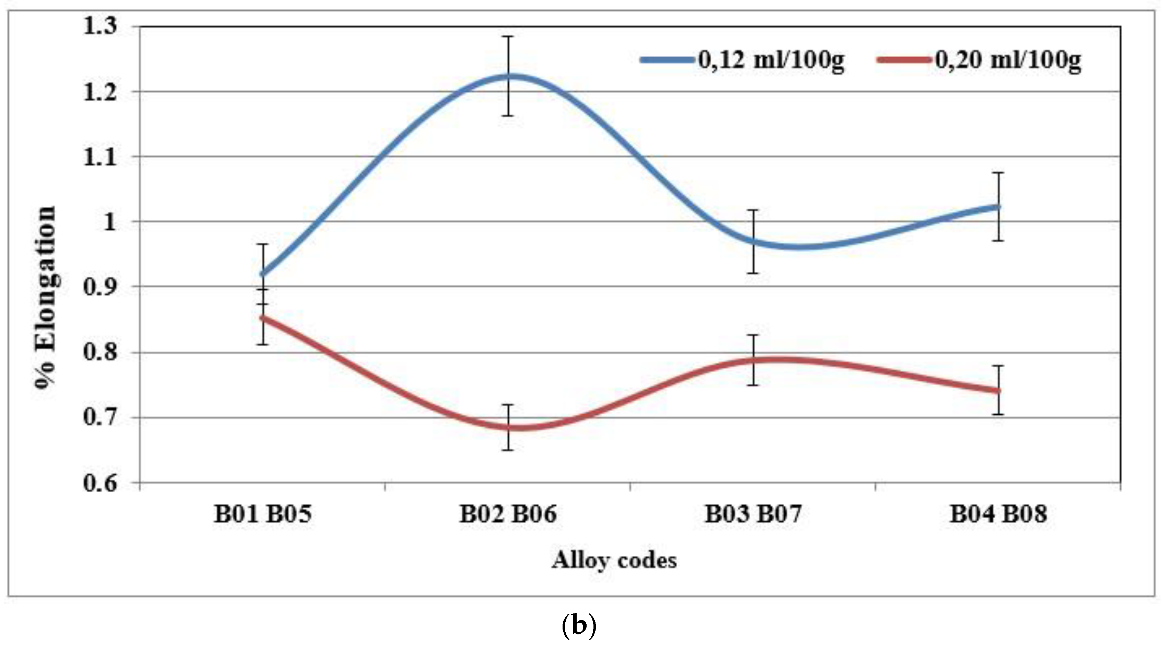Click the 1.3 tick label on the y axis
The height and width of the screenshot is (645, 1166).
point(99,26)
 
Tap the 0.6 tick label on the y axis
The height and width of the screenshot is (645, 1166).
point(99,483)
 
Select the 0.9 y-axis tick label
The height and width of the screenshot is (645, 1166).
point(99,287)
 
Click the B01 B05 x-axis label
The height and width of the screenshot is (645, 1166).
point(263,514)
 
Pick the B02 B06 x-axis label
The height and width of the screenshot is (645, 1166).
point(508,514)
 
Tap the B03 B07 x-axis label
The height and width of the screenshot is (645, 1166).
point(753,514)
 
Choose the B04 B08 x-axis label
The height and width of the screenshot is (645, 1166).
point(998,514)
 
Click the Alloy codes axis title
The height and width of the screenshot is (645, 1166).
point(614,560)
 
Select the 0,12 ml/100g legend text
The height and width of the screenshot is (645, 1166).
point(771,60)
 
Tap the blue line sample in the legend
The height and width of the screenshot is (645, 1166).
point(668,60)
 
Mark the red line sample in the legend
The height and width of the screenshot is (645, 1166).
point(905,60)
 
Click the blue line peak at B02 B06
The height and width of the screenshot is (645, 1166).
point(509,76)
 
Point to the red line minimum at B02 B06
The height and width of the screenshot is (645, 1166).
point(509,427)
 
